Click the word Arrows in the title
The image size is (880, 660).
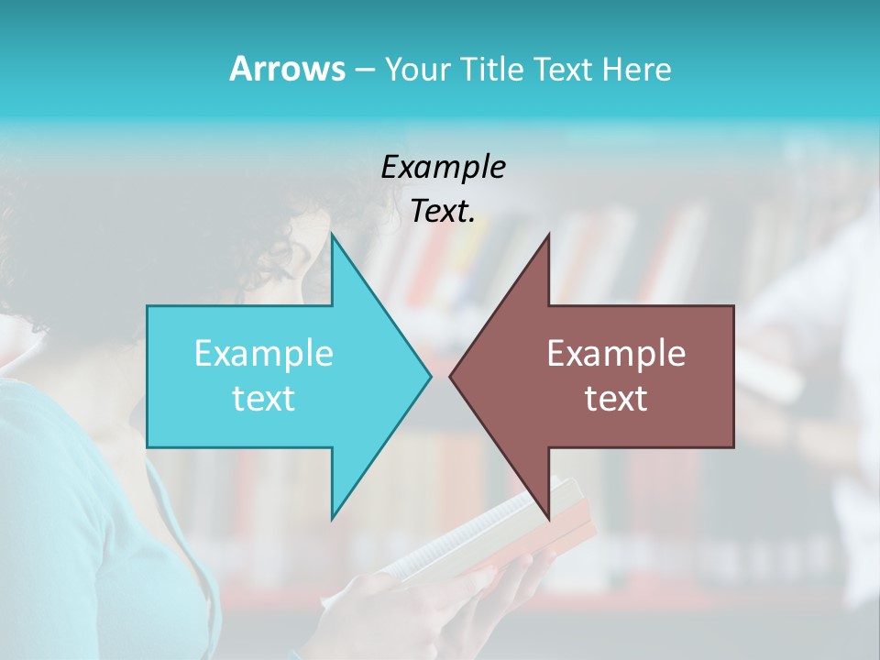pos(286,69)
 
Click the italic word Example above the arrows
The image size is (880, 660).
pos(443,167)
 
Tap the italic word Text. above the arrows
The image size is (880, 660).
pos(443,212)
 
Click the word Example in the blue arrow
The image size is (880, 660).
pos(263,354)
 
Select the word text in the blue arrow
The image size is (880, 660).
pos(263,399)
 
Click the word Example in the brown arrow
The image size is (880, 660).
pos(616,354)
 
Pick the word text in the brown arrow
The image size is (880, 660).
pos(616,399)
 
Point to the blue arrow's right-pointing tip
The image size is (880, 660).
pos(430,376)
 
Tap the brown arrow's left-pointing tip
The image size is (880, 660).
pos(451,376)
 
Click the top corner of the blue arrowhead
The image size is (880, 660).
pos(333,235)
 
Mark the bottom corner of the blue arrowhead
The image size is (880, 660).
pos(333,518)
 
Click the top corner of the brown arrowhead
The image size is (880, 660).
pos(548,235)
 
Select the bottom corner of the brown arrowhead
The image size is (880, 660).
pos(548,518)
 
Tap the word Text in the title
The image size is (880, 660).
pos(560,70)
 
